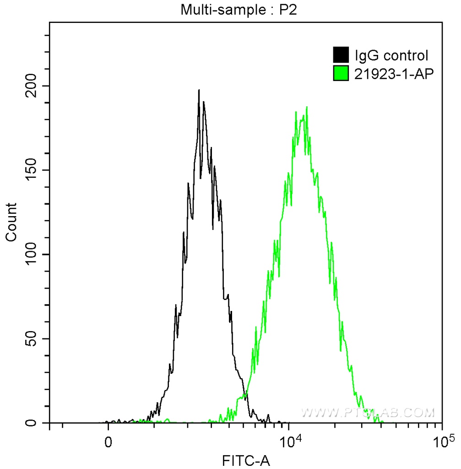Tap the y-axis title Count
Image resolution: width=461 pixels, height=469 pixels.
click(11, 222)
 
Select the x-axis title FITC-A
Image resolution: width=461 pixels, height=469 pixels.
click(246, 460)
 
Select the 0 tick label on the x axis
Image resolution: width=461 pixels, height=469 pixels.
click(108, 443)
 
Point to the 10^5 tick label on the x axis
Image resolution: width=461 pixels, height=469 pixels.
click(442, 442)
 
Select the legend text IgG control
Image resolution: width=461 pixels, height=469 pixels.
click(391, 56)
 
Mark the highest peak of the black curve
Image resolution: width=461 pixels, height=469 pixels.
click(199, 91)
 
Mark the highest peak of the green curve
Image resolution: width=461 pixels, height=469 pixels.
click(306, 107)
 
